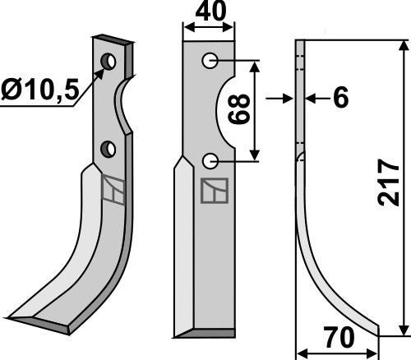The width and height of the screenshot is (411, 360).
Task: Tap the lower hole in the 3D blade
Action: [x=107, y=149]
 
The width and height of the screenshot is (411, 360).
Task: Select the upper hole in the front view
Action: [x=210, y=60]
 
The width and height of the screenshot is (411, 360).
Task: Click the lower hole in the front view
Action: [x=210, y=159]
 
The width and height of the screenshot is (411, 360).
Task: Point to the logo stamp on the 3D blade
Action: [x=113, y=190]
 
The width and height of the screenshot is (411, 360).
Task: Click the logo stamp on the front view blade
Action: [x=213, y=191]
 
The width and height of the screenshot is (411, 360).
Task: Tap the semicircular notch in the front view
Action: [x=228, y=111]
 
